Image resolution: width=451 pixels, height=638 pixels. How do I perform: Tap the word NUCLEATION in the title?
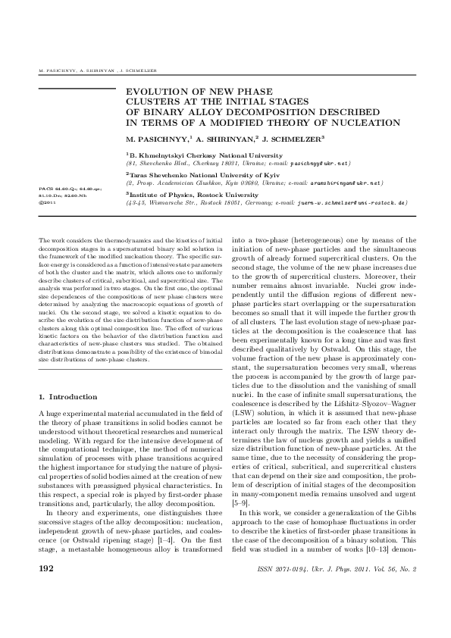pyautogui.click(x=366, y=121)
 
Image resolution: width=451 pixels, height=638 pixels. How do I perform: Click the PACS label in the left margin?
pyautogui.click(x=44, y=185)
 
